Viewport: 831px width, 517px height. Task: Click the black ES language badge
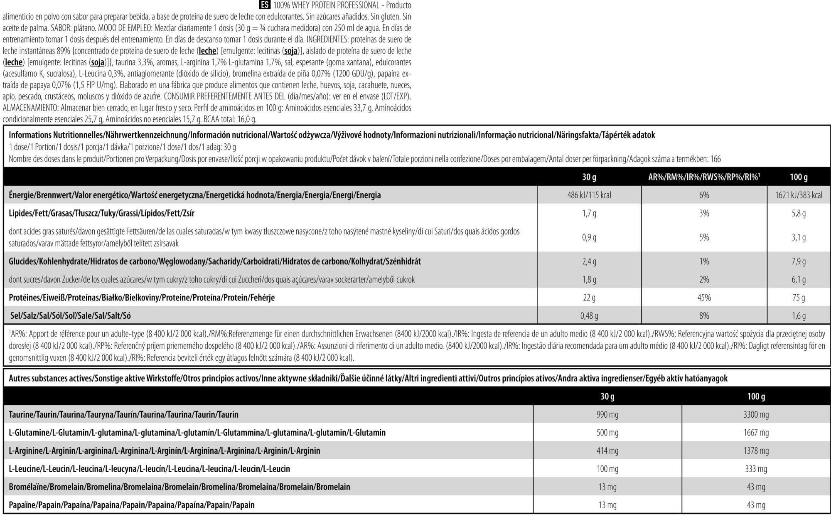click(x=264, y=5)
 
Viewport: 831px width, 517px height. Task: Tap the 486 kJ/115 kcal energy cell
click(x=589, y=195)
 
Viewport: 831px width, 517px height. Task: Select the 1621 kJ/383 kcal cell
click(x=799, y=195)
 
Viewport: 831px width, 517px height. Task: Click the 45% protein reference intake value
click(x=704, y=298)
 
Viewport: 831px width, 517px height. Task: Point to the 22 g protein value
click(x=589, y=298)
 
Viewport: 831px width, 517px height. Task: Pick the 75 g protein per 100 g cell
click(x=799, y=298)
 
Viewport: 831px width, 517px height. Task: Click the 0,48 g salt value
click(x=589, y=316)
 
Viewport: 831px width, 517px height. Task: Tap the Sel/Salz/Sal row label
click(x=71, y=316)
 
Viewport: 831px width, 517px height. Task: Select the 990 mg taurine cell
click(x=607, y=414)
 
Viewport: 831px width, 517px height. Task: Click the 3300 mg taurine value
click(x=756, y=414)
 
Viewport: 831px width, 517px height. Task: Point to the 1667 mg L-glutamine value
click(x=756, y=433)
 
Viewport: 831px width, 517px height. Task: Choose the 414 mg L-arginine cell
click(x=607, y=451)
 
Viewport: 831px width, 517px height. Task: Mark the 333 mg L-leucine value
click(x=756, y=469)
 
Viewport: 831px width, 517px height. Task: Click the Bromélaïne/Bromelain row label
click(x=179, y=487)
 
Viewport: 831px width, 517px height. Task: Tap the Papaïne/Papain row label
click(x=132, y=505)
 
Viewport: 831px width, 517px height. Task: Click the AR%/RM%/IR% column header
click(x=704, y=177)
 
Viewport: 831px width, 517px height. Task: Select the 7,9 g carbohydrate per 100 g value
click(x=799, y=261)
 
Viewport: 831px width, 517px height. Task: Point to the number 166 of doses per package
click(x=715, y=159)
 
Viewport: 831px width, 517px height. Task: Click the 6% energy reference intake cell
click(x=704, y=195)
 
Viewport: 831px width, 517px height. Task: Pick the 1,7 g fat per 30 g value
click(x=589, y=213)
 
